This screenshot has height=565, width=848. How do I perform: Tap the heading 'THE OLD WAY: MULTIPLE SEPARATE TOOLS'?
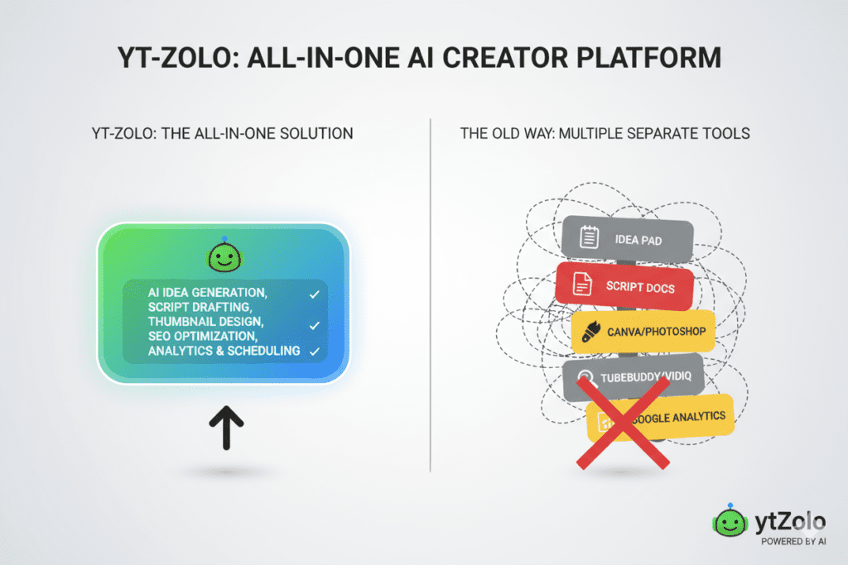(x=605, y=133)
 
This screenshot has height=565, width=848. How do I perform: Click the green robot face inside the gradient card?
(x=223, y=256)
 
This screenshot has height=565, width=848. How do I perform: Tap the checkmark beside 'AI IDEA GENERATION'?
(x=313, y=294)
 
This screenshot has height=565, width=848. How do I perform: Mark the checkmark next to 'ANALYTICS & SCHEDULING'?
(x=313, y=352)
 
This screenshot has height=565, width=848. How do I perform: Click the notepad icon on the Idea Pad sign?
(x=589, y=238)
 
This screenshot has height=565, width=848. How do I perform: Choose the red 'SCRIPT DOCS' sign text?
(x=639, y=289)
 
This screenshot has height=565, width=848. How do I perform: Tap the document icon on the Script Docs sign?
(x=583, y=286)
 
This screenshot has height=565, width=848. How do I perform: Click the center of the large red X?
(x=623, y=422)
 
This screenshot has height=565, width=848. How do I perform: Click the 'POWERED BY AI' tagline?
(x=793, y=543)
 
